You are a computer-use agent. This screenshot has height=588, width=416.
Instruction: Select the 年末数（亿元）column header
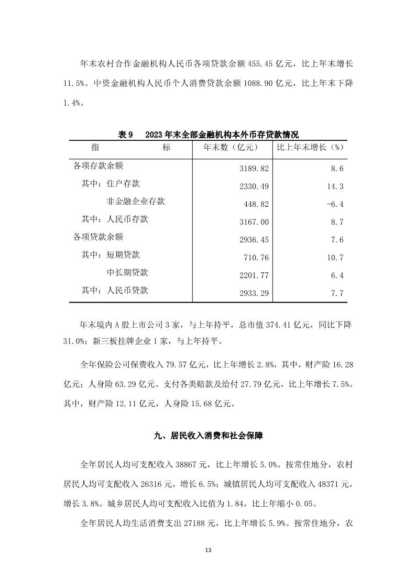(232, 148)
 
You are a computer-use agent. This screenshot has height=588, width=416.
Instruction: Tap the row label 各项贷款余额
(98, 237)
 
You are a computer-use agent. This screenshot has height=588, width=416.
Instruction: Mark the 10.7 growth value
(334, 258)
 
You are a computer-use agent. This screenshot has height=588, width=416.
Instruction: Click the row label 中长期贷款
(127, 272)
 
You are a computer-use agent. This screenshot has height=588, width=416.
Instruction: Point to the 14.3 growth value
(334, 186)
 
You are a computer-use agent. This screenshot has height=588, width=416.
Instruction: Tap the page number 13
(208, 550)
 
